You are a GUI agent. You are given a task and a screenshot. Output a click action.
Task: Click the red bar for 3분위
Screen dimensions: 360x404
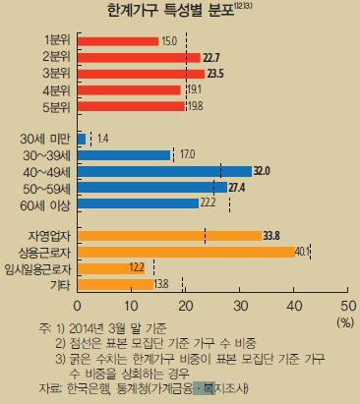click(x=141, y=74)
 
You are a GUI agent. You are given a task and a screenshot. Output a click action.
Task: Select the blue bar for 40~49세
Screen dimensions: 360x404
click(x=164, y=171)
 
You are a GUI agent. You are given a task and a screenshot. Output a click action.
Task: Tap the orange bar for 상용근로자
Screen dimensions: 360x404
click(x=187, y=252)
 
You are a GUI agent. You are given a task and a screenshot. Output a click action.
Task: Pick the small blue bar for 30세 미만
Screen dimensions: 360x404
click(x=82, y=139)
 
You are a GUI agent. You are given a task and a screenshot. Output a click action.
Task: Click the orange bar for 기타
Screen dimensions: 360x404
click(x=115, y=284)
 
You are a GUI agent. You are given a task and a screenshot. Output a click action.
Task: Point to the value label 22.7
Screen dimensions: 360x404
click(x=211, y=58)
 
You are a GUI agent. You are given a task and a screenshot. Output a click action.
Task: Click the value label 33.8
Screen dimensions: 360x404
click(x=271, y=236)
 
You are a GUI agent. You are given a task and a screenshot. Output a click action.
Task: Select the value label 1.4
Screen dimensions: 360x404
click(x=103, y=139)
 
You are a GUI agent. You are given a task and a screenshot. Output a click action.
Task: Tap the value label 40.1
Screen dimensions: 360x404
click(x=302, y=252)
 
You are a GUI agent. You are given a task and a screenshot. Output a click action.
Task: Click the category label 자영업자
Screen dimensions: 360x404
click(x=49, y=236)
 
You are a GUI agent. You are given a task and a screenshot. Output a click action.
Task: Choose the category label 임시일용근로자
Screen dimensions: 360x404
click(x=37, y=269)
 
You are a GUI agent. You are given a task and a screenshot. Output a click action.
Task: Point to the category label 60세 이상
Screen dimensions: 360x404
click(x=45, y=205)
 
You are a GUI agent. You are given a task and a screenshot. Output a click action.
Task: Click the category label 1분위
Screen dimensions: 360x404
click(x=57, y=40)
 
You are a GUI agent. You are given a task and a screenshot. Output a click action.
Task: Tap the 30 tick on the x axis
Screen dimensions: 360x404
click(x=240, y=306)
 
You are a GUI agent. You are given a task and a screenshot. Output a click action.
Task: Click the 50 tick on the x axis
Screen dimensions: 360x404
click(x=348, y=306)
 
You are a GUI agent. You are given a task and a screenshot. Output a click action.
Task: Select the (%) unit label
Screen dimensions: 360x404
click(x=345, y=323)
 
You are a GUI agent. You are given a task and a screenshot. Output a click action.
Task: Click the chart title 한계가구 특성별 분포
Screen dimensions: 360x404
click(x=171, y=11)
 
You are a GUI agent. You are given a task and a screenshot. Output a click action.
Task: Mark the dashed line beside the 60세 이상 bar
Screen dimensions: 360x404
click(x=229, y=204)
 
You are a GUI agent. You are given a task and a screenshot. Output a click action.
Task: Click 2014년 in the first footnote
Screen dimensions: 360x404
click(x=87, y=328)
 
